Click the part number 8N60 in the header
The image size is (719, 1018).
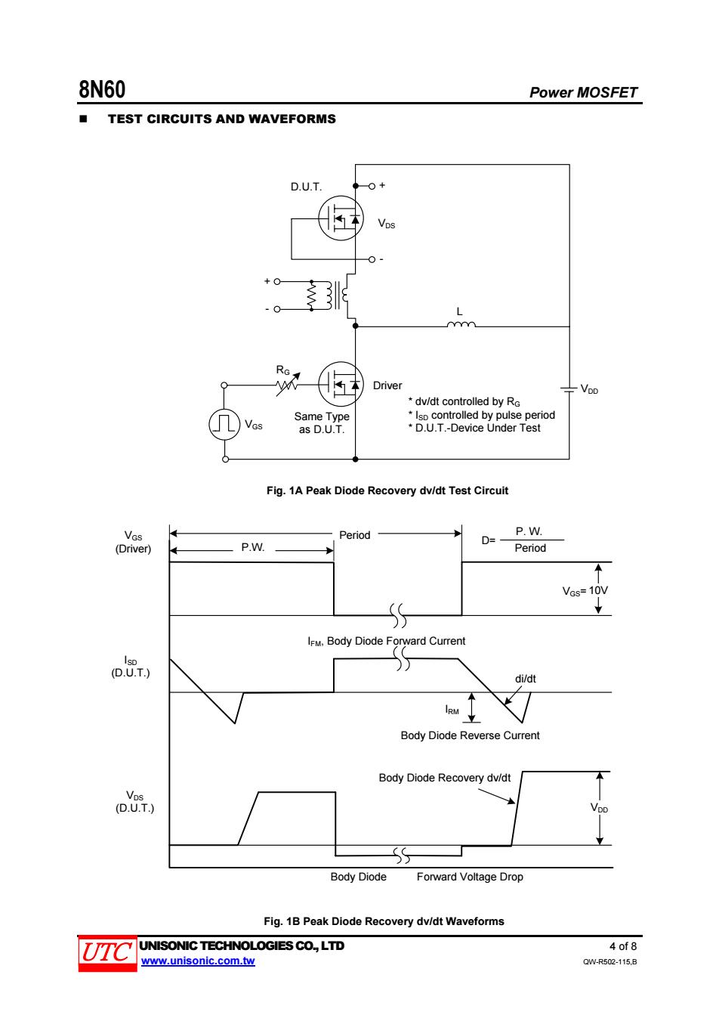102,89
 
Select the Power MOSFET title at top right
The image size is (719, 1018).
583,92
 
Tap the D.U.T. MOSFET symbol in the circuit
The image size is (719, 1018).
341,218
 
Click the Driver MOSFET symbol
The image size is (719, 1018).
341,384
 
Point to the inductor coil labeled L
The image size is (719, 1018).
461,324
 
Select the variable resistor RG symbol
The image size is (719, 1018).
288,384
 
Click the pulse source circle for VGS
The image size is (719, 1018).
224,424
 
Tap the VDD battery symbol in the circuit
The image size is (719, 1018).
569,389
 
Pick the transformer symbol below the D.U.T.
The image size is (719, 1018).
329,295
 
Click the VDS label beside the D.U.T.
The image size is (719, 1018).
387,224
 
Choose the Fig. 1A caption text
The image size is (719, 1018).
387,490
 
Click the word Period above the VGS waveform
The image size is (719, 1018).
355,535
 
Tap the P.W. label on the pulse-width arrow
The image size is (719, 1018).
252,547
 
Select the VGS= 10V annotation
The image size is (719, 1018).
585,591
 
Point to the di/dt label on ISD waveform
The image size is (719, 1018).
525,679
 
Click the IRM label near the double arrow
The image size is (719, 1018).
452,710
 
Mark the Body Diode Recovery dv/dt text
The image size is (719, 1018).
445,778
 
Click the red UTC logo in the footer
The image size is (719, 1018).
107,953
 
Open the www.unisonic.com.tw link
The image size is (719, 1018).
198,961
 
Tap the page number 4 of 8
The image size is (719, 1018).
623,946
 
